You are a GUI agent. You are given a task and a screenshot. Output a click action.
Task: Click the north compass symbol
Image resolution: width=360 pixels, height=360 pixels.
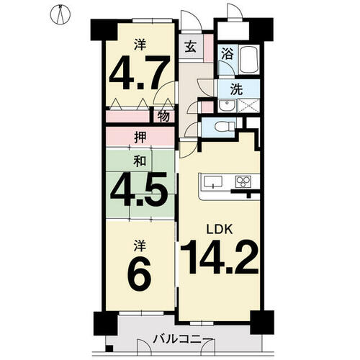pyautogui.click(x=60, y=14)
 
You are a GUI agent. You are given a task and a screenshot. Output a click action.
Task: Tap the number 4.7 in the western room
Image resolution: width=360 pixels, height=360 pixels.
pyautogui.click(x=140, y=73)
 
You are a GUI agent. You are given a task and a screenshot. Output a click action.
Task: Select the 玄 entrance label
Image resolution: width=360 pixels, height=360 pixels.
pyautogui.click(x=191, y=48)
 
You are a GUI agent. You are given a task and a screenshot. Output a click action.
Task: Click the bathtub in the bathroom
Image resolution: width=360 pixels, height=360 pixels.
pyautogui.click(x=249, y=59)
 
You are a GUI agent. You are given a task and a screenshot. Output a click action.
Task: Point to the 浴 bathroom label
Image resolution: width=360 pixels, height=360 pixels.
pyautogui.click(x=227, y=53)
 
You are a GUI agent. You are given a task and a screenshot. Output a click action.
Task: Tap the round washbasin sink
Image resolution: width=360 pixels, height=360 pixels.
pyautogui.click(x=227, y=106)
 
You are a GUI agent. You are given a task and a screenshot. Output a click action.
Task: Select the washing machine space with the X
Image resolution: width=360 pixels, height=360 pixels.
pyautogui.click(x=248, y=106)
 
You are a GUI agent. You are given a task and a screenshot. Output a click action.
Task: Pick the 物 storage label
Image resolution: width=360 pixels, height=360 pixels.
pyautogui.click(x=163, y=117)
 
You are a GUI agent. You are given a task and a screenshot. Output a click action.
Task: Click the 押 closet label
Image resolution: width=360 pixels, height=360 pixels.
pyautogui.click(x=140, y=138)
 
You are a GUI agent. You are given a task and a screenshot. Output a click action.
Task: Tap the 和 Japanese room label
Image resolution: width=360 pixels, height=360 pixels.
pyautogui.click(x=140, y=161)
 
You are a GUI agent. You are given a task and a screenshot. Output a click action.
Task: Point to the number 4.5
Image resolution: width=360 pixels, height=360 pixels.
pyautogui.click(x=138, y=189)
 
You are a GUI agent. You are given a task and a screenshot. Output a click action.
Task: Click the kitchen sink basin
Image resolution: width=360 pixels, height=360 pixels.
pyautogui.click(x=212, y=181)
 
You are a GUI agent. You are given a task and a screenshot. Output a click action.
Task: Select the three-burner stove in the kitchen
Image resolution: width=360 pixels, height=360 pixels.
pyautogui.click(x=243, y=181)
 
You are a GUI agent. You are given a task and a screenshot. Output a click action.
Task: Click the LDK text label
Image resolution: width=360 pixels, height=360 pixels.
pyautogui.click(x=220, y=230)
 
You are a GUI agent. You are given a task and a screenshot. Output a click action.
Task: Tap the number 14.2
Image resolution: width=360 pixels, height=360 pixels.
pyautogui.click(x=220, y=257)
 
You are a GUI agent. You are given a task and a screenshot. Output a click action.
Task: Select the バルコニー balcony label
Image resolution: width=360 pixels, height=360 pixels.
pyautogui.click(x=184, y=340)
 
